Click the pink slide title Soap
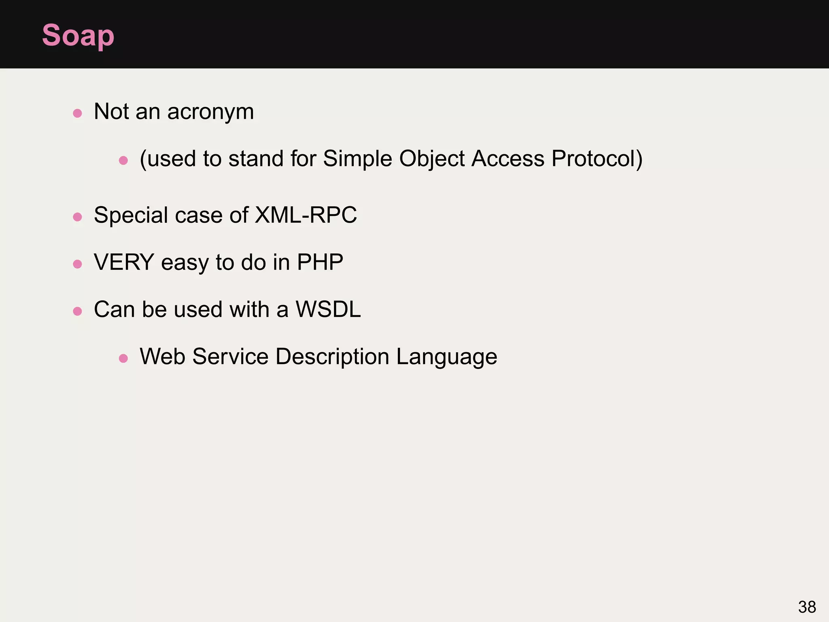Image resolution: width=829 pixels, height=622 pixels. tap(78, 36)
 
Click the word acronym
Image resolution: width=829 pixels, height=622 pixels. tap(210, 112)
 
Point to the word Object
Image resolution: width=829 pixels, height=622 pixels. tap(432, 159)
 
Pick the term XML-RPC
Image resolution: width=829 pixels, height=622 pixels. tap(306, 215)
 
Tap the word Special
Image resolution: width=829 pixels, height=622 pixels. tap(130, 215)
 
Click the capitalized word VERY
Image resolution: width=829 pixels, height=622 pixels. tap(124, 262)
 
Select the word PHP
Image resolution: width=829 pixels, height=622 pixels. tap(320, 262)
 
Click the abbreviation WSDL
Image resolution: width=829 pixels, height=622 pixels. tap(328, 310)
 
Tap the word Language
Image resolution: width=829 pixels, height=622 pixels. tap(446, 357)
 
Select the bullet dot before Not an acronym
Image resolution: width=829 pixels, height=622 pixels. tap(77, 113)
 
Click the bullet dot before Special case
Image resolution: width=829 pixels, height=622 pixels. tap(77, 217)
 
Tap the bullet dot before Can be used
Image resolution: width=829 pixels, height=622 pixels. tap(77, 311)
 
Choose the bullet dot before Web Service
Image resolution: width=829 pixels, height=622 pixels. tap(123, 358)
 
